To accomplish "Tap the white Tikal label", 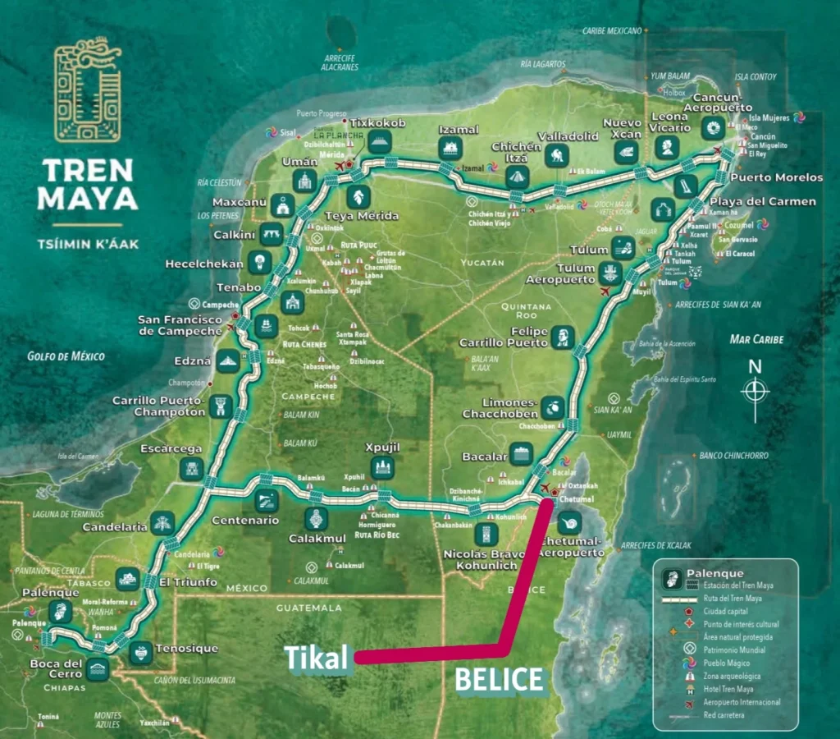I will [x=317, y=658].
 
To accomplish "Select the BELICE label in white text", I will [x=500, y=680].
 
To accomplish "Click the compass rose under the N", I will [x=755, y=390].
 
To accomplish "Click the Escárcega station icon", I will [x=191, y=469].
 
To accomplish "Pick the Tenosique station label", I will [x=188, y=649].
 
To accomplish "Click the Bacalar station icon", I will [x=521, y=454].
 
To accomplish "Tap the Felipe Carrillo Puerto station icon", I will [x=564, y=337].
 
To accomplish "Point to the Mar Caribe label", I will [x=756, y=339].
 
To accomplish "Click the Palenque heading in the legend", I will [x=715, y=573].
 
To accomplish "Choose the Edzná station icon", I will [x=228, y=360].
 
